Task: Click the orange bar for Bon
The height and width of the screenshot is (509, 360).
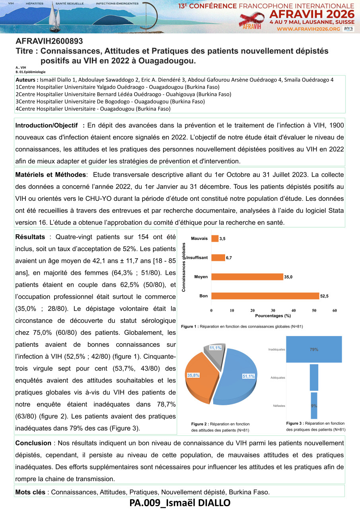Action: (x=265, y=296)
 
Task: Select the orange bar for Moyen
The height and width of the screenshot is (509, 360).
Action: (x=247, y=277)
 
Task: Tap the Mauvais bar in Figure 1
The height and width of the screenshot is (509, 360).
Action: (x=215, y=239)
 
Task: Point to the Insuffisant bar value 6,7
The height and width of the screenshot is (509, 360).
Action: (x=229, y=258)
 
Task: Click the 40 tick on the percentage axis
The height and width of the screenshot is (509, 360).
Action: (x=294, y=311)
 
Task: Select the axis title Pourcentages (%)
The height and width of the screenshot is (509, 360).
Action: (x=272, y=316)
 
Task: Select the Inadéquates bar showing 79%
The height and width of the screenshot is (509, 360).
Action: (x=314, y=350)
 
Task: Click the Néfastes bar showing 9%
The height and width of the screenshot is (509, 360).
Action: (x=314, y=406)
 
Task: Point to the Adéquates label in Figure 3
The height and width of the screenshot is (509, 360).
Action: (x=277, y=377)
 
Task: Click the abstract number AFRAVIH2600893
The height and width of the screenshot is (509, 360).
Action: (x=49, y=41)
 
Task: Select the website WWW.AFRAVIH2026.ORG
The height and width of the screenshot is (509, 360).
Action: (x=308, y=29)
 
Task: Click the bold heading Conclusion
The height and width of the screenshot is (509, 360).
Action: (x=33, y=443)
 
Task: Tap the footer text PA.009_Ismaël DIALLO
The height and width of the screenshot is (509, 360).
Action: (x=180, y=503)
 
